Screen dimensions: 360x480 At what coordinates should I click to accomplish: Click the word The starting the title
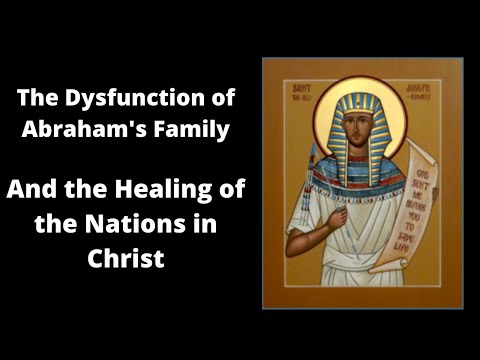pyautogui.click(x=37, y=100)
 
